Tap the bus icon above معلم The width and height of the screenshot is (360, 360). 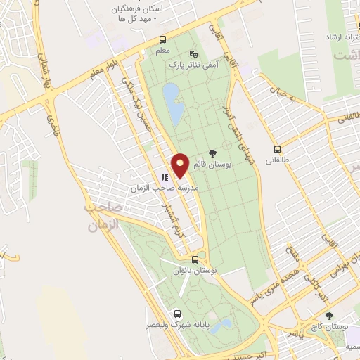tap(163, 39)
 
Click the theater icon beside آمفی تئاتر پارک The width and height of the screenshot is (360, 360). tap(194, 53)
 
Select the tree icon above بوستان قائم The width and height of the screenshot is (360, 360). tap(213, 154)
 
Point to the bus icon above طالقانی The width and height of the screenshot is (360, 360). tap(278, 149)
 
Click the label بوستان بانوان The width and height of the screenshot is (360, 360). tap(195, 270)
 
